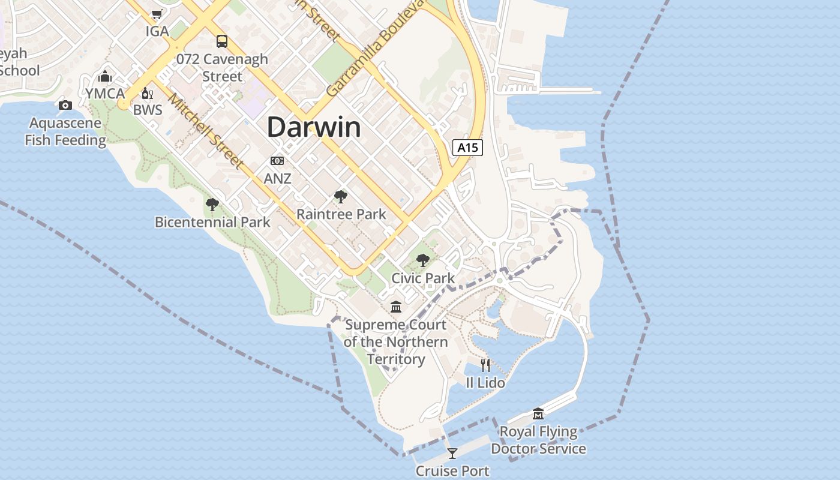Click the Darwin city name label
coord(314,127)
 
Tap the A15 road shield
coord(467,148)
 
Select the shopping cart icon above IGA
coord(157,14)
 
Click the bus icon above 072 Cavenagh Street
coord(222,41)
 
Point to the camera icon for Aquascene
coord(65,106)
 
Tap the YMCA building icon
coord(105,77)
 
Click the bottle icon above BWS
coord(147,93)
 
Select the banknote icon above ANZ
coord(277,161)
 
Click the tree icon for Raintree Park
coord(341,197)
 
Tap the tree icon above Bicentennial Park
coord(212,205)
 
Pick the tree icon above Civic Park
coord(423,260)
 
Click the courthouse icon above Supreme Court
coord(396,307)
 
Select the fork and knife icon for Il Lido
coord(485,365)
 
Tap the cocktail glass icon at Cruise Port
coord(452,453)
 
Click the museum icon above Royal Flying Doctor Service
coord(538,413)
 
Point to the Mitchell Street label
coord(206,131)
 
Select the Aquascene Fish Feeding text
coord(65,132)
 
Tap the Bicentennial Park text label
coord(212,222)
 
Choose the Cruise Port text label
coord(452,471)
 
